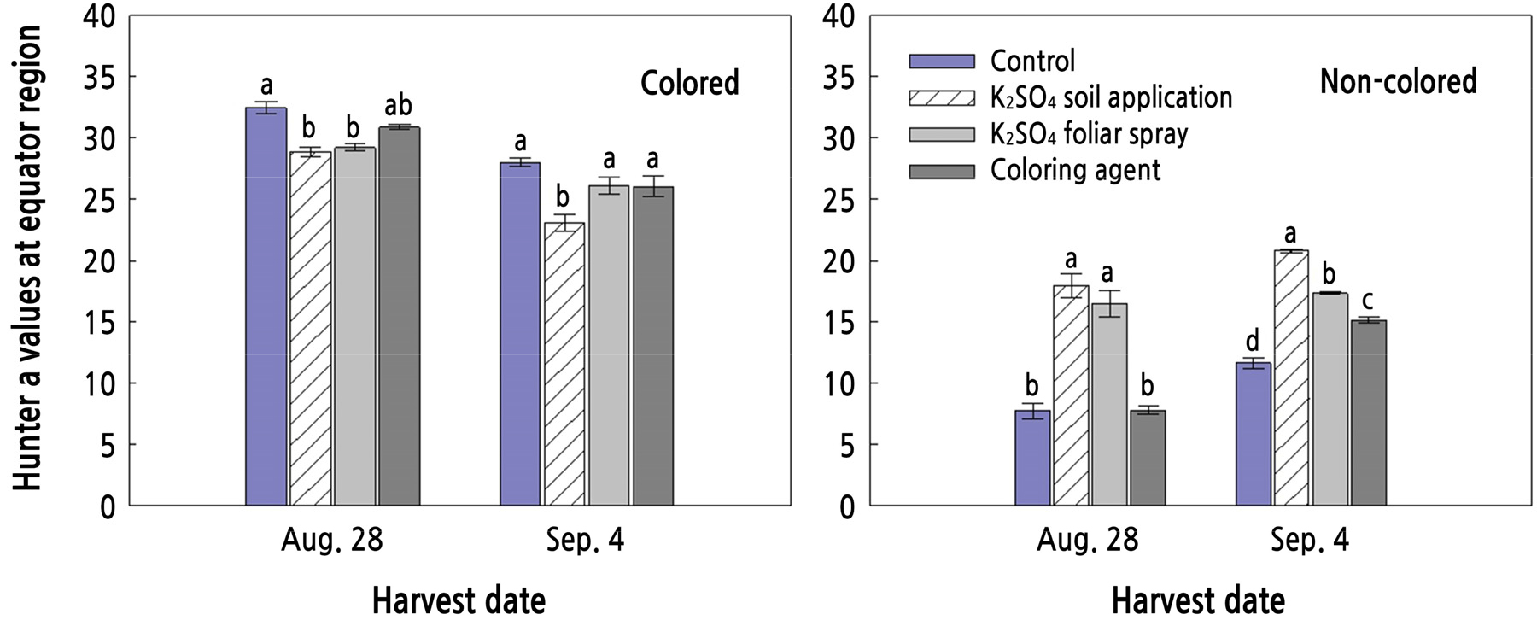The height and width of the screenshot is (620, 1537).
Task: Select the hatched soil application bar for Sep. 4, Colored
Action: coord(564,364)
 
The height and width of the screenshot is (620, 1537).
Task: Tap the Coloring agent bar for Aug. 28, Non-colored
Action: coord(1147,458)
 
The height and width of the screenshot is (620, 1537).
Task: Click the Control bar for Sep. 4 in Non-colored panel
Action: coord(1253,434)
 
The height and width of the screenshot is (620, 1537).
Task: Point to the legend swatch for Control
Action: coord(941,61)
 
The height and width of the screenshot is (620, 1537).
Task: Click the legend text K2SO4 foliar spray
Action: coord(1089,134)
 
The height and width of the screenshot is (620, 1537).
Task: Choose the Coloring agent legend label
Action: coord(1075,170)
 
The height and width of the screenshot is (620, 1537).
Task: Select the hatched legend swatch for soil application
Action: coord(941,97)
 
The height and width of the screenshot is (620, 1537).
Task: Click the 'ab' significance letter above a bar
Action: coord(398,105)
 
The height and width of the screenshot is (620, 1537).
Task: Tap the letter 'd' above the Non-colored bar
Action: coord(1253,342)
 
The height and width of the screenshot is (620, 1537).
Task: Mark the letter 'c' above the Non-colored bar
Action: coord(1368,301)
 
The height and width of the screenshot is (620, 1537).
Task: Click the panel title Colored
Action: coord(689,83)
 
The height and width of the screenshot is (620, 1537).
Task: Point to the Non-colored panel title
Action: coord(1398,81)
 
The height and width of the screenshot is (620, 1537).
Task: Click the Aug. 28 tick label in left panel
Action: coord(331,541)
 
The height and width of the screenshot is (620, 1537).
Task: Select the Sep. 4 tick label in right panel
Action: coord(1309,541)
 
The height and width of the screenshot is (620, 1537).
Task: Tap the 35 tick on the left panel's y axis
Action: coord(101,77)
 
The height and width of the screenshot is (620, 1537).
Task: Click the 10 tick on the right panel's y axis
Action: coord(839,383)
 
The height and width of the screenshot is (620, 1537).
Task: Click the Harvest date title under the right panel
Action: coord(1197,600)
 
